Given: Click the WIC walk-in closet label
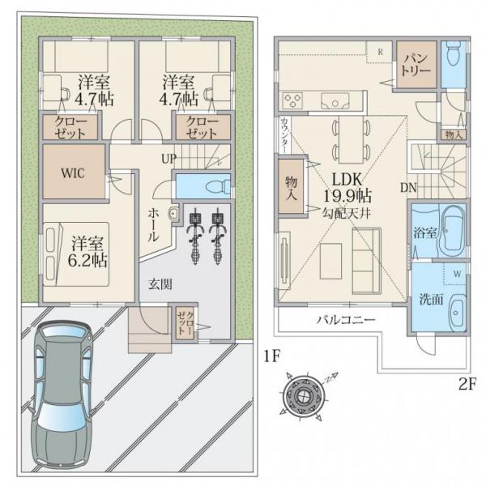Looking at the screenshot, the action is [73, 173].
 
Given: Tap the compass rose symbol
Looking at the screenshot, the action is [303, 396].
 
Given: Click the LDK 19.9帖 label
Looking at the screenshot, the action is [347, 188].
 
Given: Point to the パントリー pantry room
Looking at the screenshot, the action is [416, 64].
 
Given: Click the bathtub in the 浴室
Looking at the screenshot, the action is [453, 230].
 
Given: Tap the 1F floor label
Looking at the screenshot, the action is [272, 356].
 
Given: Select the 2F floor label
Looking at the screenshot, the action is [467, 384].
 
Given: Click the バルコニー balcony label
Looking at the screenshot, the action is [346, 319].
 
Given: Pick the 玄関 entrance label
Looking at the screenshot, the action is [160, 284].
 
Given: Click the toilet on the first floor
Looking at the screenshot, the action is [218, 187].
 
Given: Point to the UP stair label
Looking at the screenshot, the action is [168, 159].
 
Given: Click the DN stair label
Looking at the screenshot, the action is [408, 187].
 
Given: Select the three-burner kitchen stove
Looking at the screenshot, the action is [293, 100].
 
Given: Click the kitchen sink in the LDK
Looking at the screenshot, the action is [335, 100].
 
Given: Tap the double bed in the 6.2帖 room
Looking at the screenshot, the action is [76, 254].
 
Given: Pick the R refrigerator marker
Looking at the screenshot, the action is [381, 52].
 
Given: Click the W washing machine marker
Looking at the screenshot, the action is [457, 274].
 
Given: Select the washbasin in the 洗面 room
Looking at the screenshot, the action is [457, 313].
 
